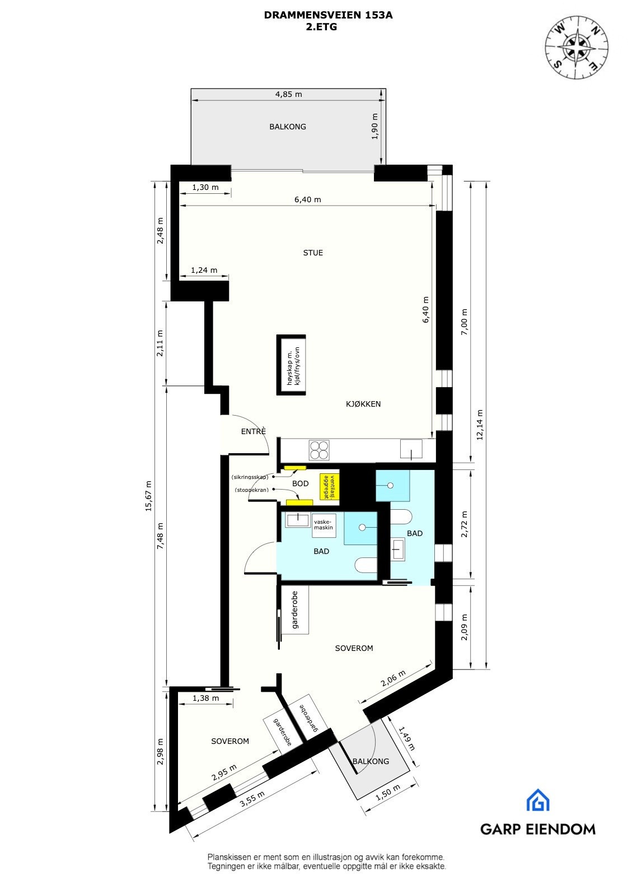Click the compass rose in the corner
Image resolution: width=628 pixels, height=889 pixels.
[x=577, y=46]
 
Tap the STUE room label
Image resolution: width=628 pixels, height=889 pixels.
[x=313, y=253]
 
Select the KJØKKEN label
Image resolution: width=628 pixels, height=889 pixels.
[x=363, y=404]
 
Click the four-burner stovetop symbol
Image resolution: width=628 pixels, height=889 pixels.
[x=319, y=449]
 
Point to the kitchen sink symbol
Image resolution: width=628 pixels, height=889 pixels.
[x=411, y=449]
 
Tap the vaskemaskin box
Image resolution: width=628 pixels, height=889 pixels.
[x=324, y=524]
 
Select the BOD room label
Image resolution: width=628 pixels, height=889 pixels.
[x=300, y=483]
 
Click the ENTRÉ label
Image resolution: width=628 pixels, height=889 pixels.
[x=253, y=431]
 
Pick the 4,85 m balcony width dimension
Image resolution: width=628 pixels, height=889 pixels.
[x=288, y=94]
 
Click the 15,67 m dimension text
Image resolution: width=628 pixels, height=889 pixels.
[x=148, y=496]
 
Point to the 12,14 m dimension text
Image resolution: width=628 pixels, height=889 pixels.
[x=479, y=425]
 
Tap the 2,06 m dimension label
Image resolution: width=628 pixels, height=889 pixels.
[x=393, y=679]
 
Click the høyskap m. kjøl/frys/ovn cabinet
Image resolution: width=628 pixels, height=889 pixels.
[x=292, y=365]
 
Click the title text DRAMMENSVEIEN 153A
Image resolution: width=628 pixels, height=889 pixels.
[x=328, y=16]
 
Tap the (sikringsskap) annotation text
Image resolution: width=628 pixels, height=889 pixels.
[x=250, y=477]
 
